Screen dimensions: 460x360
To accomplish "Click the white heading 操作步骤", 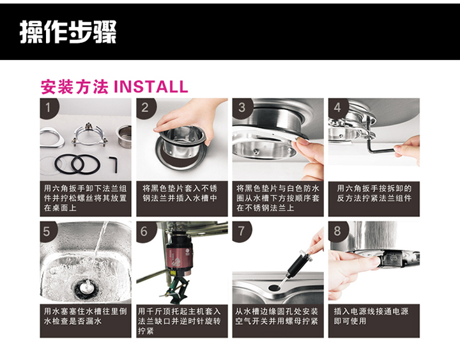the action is pos(68,32).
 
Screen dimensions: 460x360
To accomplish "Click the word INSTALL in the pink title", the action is pos(151,86).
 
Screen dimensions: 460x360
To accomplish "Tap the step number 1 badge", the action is pos(49,108).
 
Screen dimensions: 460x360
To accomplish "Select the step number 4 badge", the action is pos(338,108).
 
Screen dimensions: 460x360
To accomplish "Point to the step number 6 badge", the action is pos(144,231).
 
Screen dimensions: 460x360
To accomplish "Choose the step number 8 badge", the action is pos(338,231).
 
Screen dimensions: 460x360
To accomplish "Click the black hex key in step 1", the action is pos(114,164).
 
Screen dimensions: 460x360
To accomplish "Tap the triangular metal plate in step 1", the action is pos(52,138).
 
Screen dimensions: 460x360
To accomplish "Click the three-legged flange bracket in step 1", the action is pos(88,136).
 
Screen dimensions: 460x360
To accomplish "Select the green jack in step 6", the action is pos(176,289).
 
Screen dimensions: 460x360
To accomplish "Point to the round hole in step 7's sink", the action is pos(274,287).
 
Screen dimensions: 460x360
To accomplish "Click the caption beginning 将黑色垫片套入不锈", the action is pos(180,193).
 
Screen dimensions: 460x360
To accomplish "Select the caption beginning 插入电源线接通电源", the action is pos(371,316).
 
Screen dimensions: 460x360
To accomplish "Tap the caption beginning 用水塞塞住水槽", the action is pos(86,316).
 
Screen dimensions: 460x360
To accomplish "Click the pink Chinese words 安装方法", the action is pos(75,87).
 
